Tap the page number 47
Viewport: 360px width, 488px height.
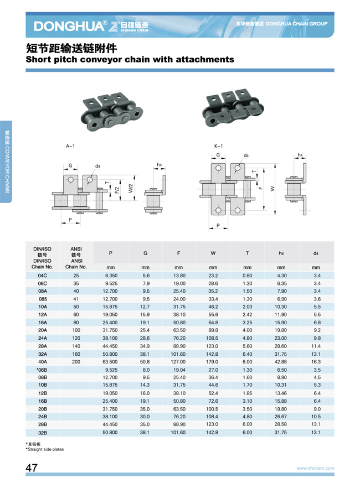point(32,468)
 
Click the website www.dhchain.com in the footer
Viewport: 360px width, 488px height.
point(315,468)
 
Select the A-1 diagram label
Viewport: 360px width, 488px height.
point(70,146)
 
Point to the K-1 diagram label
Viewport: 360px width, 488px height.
point(218,146)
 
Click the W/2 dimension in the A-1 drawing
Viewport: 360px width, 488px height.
point(131,188)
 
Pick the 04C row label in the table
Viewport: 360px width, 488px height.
point(42,276)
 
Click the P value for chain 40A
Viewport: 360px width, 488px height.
point(110,362)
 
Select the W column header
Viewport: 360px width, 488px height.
point(213,253)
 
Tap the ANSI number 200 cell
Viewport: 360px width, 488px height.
point(76,362)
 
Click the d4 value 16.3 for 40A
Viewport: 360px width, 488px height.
point(316,362)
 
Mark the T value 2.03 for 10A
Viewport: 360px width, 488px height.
point(247,307)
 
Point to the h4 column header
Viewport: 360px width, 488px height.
point(281,253)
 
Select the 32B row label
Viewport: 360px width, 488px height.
point(42,433)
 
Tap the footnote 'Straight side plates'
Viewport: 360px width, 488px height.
point(46,449)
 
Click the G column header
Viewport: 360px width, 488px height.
point(145,253)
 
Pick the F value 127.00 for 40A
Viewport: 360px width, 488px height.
point(178,362)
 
